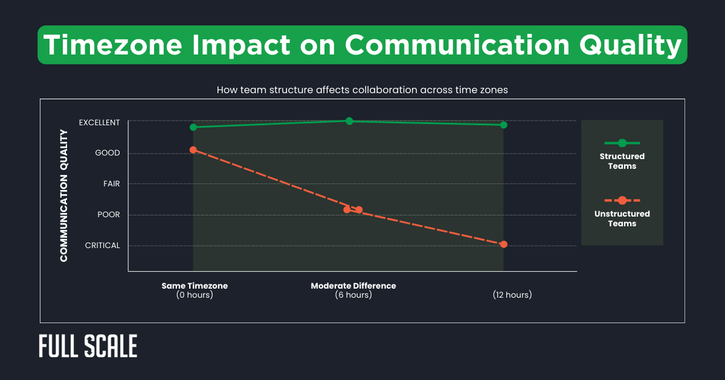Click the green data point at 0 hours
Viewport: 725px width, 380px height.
(193, 127)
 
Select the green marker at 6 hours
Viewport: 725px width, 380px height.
(349, 121)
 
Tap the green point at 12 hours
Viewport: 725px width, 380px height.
(503, 125)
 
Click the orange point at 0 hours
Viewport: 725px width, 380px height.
(193, 149)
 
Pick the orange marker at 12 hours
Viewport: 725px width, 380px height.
(504, 244)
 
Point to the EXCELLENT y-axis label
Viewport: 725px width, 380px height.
(99, 122)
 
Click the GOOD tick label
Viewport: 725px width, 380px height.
(108, 153)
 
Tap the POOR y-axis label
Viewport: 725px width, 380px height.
(109, 215)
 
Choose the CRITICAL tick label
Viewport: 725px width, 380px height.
(102, 246)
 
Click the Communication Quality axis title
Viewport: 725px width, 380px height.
(63, 197)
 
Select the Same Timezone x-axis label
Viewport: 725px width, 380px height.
(195, 286)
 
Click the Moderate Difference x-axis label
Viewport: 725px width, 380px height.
(353, 286)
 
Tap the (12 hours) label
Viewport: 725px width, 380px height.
(512, 295)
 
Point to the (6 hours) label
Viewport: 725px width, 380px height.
(353, 295)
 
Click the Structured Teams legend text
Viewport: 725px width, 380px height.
(622, 161)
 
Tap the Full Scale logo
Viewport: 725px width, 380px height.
(88, 346)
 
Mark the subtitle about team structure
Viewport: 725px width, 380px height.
(362, 90)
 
